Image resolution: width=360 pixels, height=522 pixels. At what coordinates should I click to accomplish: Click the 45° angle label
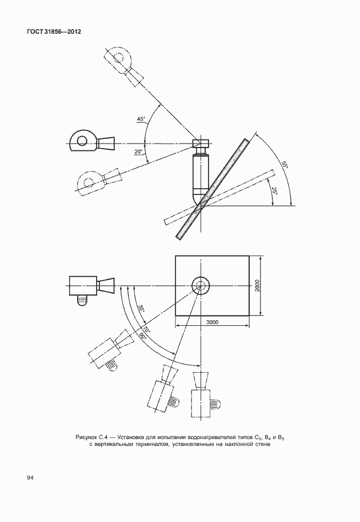click(x=141, y=119)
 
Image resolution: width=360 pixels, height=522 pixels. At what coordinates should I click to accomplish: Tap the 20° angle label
click(x=138, y=152)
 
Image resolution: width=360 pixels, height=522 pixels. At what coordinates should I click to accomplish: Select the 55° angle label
click(x=285, y=165)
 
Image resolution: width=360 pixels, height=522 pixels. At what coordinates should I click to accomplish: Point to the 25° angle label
click(x=274, y=191)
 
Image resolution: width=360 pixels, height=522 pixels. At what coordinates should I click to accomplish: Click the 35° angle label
click(x=141, y=309)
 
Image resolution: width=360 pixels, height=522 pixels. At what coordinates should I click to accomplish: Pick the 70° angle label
click(x=147, y=330)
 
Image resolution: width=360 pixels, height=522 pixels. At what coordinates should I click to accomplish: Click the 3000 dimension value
click(x=212, y=322)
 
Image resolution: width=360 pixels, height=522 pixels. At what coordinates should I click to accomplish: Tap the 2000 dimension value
click(x=258, y=286)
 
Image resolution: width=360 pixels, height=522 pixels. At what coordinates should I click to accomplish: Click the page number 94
click(x=30, y=478)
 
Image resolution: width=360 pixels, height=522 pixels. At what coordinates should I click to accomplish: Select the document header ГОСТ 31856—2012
click(x=54, y=32)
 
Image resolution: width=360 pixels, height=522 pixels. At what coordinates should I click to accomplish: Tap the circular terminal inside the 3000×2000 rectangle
click(x=201, y=278)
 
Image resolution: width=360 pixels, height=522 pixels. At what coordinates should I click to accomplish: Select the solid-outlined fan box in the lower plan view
click(x=83, y=286)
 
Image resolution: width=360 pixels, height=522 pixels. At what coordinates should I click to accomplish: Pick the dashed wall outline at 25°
click(x=219, y=197)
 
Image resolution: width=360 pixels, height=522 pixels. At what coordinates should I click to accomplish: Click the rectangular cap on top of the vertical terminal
click(x=201, y=143)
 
